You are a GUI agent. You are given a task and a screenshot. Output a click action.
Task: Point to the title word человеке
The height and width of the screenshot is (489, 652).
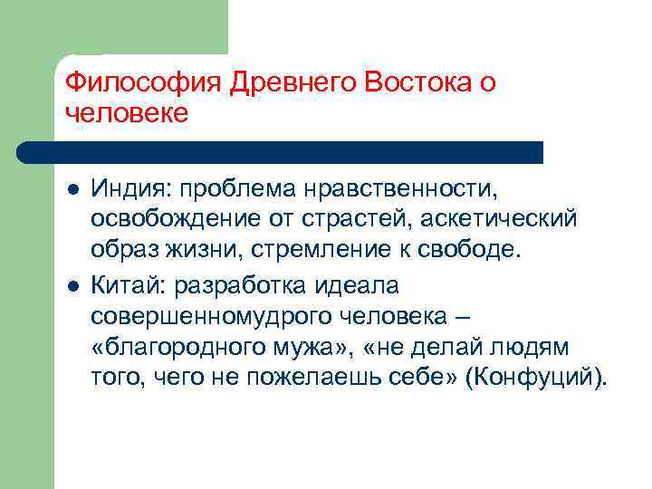(127, 113)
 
